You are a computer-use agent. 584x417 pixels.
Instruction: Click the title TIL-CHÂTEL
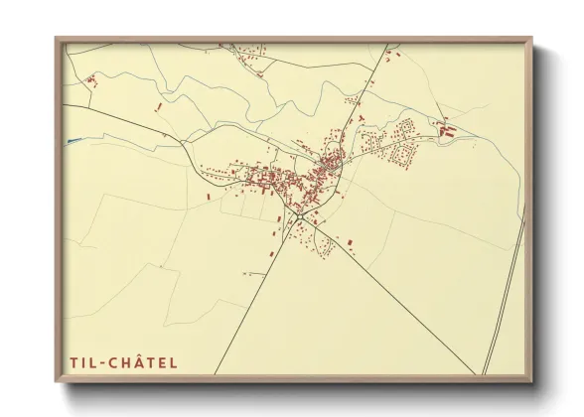pos(125,361)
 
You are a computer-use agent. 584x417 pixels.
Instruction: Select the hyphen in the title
pos(105,362)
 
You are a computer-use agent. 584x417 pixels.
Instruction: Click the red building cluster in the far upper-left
pos(89,77)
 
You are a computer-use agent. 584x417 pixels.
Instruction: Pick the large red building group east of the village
pos(445,129)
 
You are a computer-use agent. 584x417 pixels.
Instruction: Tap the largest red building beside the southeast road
pos(351,239)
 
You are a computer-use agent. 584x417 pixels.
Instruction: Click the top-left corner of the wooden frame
pos(57,39)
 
